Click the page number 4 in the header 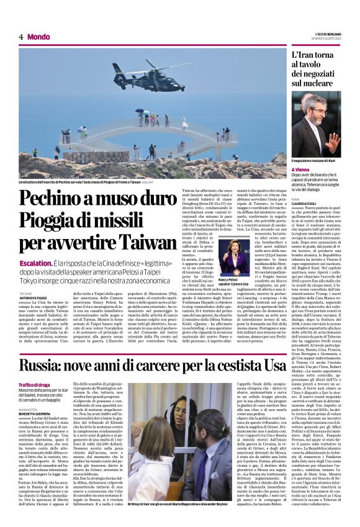click(x=21, y=37)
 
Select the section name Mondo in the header click(x=38, y=37)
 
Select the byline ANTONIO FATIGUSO click(x=34, y=298)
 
